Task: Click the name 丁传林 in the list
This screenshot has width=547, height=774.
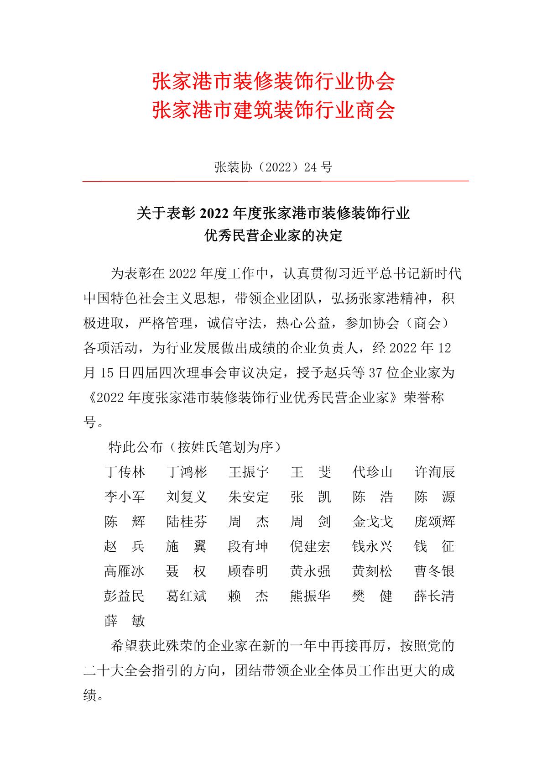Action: (125, 472)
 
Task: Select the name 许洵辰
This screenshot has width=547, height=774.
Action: (434, 472)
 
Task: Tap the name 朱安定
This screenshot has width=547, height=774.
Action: (249, 497)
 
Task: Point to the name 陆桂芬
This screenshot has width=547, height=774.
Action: (187, 522)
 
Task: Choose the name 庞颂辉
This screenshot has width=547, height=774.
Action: (434, 522)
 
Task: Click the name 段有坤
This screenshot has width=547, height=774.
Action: (249, 546)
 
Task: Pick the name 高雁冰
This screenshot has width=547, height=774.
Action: (125, 571)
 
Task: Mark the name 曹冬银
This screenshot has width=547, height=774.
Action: (434, 571)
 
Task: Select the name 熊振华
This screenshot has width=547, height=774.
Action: (310, 596)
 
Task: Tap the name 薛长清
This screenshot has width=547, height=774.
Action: (434, 596)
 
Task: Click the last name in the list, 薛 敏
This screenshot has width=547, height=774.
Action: (125, 621)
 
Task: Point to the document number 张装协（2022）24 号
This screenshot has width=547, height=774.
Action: (273, 167)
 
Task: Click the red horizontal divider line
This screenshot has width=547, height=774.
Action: (276, 181)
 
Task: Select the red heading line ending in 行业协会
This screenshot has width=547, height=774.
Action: (273, 82)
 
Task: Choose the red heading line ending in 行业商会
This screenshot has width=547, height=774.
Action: (273, 110)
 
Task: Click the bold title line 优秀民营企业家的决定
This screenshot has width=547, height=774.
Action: (273, 236)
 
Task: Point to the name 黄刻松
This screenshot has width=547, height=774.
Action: (372, 571)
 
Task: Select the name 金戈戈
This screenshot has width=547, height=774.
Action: (372, 522)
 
